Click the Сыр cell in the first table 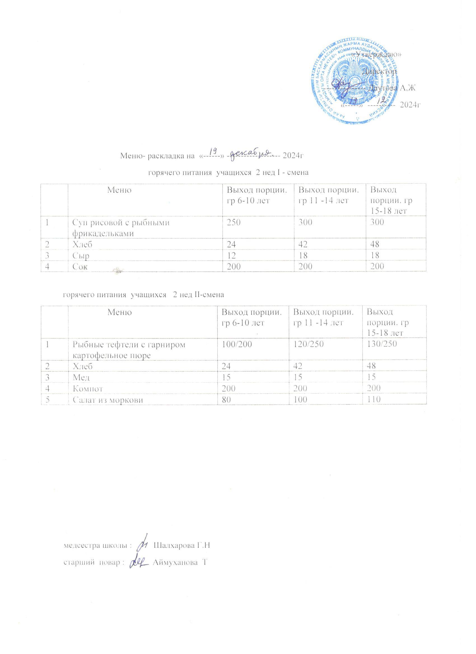83,255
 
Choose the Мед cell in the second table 83,377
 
